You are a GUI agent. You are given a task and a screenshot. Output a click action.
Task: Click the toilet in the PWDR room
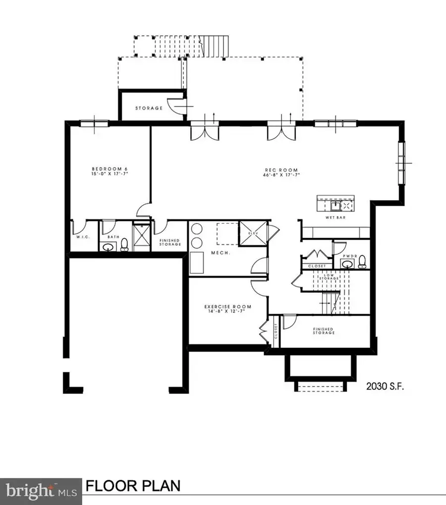(362, 261)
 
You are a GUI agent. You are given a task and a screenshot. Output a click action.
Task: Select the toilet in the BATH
(124, 244)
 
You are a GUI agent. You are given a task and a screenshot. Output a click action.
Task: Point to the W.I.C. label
(82, 237)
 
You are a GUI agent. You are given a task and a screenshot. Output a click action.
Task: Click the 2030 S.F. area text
(386, 387)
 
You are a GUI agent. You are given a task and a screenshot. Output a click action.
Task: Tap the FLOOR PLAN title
(133, 486)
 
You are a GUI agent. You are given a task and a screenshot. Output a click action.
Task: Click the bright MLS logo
(41, 486)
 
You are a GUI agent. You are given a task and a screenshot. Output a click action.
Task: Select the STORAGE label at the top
(149, 108)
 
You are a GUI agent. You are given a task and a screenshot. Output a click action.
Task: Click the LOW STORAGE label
(332, 277)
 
